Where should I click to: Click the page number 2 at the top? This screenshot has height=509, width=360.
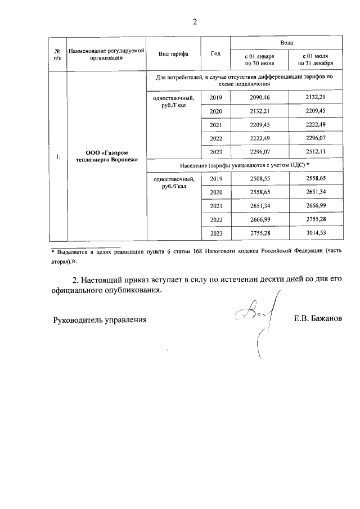point(195,22)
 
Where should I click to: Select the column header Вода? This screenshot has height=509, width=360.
point(286,43)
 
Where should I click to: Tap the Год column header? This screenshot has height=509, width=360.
point(215,54)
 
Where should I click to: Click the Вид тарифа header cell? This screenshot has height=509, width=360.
point(173,54)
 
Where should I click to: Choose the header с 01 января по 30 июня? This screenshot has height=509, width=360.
point(259,60)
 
